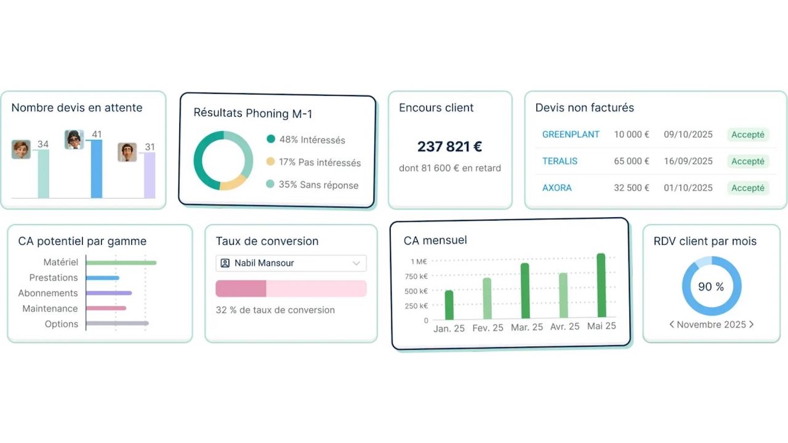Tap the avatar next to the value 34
click(21, 150)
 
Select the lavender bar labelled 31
click(150, 175)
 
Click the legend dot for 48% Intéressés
click(271, 139)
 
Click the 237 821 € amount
click(450, 147)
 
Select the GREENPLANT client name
click(571, 135)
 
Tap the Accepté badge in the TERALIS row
click(747, 161)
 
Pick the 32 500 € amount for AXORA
click(632, 188)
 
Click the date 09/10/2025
click(688, 135)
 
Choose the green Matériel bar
click(121, 263)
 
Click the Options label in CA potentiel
click(61, 324)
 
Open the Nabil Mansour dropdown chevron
click(357, 263)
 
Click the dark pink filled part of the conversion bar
click(241, 289)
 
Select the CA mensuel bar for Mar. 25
click(525, 291)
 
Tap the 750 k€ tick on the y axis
click(415, 276)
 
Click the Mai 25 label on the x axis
click(602, 327)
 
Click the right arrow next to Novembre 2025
click(751, 325)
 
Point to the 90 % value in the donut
click(711, 287)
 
